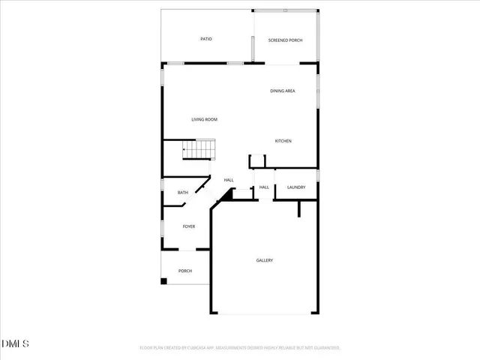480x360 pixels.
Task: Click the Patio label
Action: [x=205, y=39]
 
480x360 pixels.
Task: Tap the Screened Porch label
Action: [x=285, y=40]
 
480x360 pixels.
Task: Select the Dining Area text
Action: [x=283, y=91]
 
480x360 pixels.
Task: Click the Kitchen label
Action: [x=283, y=142]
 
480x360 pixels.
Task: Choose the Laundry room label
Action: [x=295, y=187]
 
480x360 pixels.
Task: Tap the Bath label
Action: [x=183, y=193]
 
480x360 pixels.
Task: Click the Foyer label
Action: [x=189, y=226]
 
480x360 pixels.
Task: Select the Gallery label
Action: [x=264, y=260]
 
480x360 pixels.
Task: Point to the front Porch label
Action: [x=185, y=271]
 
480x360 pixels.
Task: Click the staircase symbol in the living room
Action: [x=199, y=151]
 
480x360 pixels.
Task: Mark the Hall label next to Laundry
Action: [x=264, y=187]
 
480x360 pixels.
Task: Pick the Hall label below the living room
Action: [x=229, y=180]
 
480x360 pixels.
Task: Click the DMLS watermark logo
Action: [x=16, y=344]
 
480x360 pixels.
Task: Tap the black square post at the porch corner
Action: [x=163, y=281]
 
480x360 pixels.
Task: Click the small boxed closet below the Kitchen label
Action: [x=257, y=160]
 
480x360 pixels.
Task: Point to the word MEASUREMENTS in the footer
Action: [x=229, y=348]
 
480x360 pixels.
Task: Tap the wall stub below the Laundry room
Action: [x=298, y=208]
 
